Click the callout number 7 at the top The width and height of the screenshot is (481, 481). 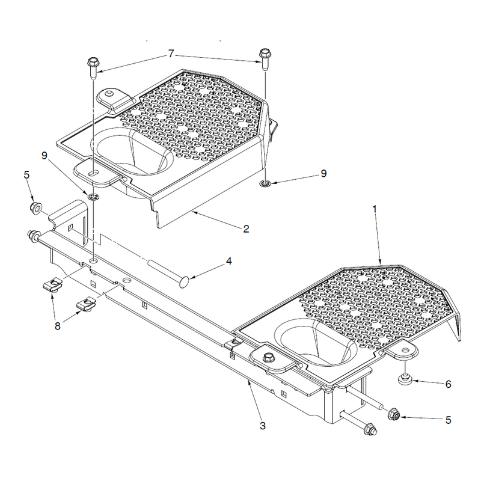coord(171,54)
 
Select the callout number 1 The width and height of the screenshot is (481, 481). coord(375,209)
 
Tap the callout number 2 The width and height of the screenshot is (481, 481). coord(246,229)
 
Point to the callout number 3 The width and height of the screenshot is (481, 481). coord(263,426)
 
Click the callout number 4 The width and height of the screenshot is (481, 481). coord(229,261)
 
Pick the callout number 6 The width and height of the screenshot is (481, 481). coord(448,384)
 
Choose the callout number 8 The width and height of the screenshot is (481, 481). coord(57,326)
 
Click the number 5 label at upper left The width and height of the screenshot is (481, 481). coord(26,175)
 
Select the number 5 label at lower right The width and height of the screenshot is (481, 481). coord(448,420)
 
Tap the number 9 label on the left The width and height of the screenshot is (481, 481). coord(44,156)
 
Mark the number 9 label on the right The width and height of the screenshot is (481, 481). coord(323,174)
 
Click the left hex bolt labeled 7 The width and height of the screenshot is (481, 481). coord(93,67)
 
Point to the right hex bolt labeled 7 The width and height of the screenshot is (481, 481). coord(265,58)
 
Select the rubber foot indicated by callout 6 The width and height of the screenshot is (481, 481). coord(405,381)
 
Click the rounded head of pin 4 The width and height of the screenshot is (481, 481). coord(184,282)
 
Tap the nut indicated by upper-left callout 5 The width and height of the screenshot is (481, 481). coord(35,208)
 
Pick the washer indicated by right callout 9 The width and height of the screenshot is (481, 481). coord(264,183)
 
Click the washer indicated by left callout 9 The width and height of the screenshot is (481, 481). coord(93,197)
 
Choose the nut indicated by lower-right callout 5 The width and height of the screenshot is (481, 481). coord(394,415)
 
